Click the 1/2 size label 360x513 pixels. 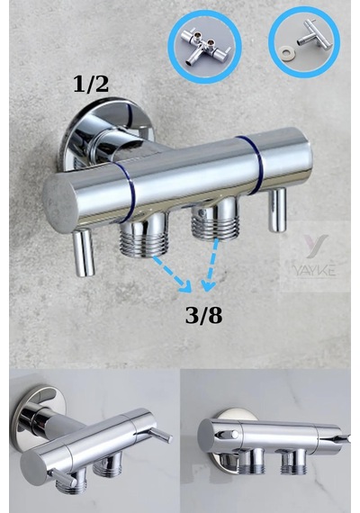pyautogui.click(x=91, y=84)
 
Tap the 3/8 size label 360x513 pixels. pyautogui.click(x=203, y=316)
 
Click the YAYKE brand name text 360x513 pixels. pyautogui.click(x=314, y=271)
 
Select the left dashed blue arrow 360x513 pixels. pyautogui.click(x=172, y=274)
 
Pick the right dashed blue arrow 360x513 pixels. pyautogui.click(x=211, y=265)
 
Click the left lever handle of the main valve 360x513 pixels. pyautogui.click(x=84, y=252)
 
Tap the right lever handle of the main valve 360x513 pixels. pyautogui.click(x=277, y=210)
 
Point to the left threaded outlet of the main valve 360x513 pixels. pyautogui.click(x=144, y=234)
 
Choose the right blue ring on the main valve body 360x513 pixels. pyautogui.click(x=254, y=165)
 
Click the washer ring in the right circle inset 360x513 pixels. pyautogui.click(x=288, y=52)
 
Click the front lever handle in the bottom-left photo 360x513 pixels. pyautogui.click(x=62, y=477)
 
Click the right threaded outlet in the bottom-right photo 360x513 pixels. pyautogui.click(x=293, y=461)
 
